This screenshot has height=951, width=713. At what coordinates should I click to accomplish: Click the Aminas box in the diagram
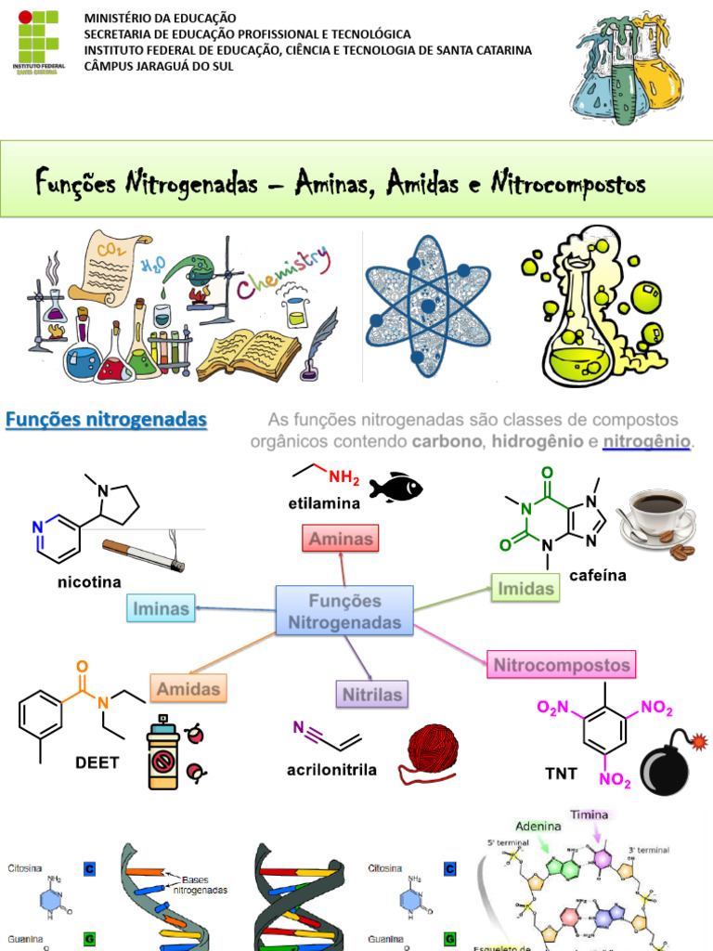(341, 538)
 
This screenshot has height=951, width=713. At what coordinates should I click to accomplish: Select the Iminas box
(162, 609)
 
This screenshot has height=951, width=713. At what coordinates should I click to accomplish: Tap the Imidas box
(525, 588)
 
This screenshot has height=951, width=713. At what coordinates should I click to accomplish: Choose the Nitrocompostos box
(562, 665)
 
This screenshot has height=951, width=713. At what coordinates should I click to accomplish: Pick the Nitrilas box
(372, 694)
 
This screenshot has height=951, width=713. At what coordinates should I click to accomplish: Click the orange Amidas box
(188, 689)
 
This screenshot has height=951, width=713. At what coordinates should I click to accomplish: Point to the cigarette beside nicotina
(143, 554)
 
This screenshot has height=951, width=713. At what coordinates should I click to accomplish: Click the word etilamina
(323, 503)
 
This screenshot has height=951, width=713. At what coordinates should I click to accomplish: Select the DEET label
(97, 762)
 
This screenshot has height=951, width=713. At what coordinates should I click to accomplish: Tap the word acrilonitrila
(331, 770)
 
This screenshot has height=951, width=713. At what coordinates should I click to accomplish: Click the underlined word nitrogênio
(647, 441)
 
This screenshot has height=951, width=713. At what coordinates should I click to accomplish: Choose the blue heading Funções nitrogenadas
(106, 420)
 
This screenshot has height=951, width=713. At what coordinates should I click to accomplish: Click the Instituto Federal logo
(36, 42)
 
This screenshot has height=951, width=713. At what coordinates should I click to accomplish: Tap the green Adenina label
(539, 826)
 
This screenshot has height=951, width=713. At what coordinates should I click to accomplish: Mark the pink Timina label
(590, 814)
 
